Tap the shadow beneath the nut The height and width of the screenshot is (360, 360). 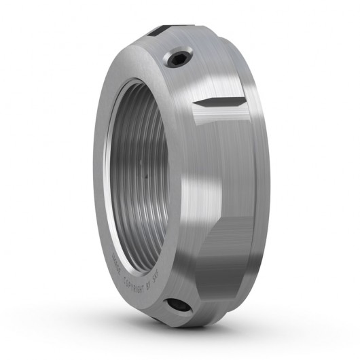[204, 340]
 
